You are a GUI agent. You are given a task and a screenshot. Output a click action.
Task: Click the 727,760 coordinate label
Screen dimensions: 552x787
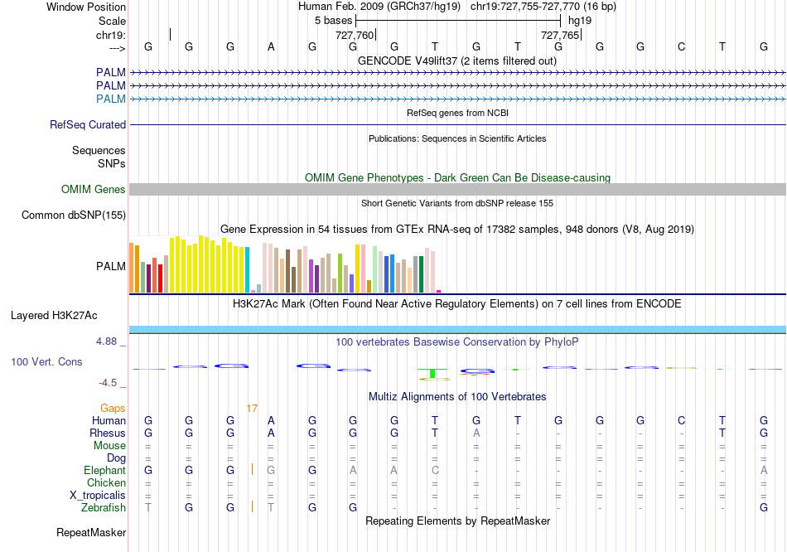[354, 36]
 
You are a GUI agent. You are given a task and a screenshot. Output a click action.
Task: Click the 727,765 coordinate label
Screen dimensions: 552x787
[559, 36]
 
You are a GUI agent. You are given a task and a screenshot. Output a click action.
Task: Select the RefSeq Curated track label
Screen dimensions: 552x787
[88, 124]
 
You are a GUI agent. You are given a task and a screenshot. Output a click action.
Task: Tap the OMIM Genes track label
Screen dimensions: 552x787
[94, 190]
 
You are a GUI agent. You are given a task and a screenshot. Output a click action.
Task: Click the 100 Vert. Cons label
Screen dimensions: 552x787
[46, 362]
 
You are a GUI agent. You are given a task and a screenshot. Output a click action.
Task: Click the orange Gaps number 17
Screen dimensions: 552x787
[252, 408]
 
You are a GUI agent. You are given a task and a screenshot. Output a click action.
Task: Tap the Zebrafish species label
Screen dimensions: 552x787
[104, 507]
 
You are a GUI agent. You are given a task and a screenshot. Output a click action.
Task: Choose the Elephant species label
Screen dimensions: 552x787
[105, 470]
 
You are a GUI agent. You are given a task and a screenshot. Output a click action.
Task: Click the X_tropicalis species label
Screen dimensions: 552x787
[99, 495]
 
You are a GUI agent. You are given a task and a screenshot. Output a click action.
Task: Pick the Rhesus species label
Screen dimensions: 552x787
[108, 433]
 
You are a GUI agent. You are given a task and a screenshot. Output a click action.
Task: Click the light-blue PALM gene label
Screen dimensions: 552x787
[111, 99]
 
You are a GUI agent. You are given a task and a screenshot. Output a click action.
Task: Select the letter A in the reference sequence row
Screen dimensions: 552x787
[271, 46]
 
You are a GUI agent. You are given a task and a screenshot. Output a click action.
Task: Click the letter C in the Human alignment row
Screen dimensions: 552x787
[681, 420]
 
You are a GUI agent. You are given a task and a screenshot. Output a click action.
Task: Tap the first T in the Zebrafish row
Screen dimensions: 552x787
[148, 507]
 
